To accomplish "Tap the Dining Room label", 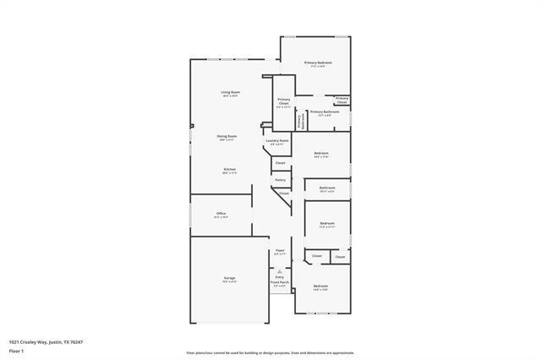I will click(x=227, y=136).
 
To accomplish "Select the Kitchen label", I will click(x=229, y=169).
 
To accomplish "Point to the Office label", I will click(x=221, y=214).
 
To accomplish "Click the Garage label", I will click(x=229, y=278).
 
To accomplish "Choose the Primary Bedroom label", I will click(x=318, y=63).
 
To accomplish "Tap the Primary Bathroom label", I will click(x=325, y=112).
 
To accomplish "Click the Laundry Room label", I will click(x=278, y=141).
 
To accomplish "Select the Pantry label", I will click(x=280, y=179).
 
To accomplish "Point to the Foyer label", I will click(x=280, y=251).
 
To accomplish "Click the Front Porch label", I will click(x=280, y=282).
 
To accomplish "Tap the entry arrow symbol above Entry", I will click(x=280, y=270).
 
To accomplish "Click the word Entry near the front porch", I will click(x=280, y=276).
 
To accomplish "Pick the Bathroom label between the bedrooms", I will click(x=327, y=188).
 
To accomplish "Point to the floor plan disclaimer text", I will click(x=270, y=353).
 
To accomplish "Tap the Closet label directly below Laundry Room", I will click(x=280, y=162).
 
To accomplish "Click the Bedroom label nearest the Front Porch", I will click(x=320, y=286).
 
